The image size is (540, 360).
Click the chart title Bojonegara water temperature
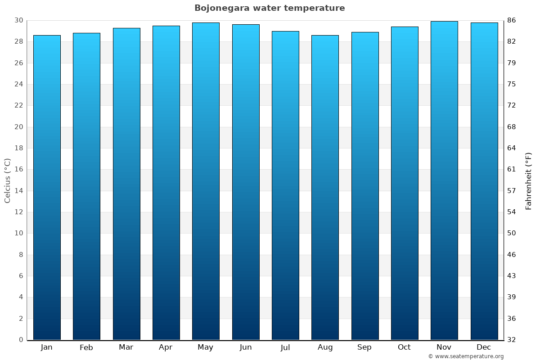tap(270, 8)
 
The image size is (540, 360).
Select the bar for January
tap(47, 187)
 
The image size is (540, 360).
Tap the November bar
tap(444, 180)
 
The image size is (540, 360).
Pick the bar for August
tap(325, 187)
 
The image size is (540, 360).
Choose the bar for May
tap(206, 181)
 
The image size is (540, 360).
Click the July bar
tap(285, 185)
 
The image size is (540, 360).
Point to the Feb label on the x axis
tap(86, 347)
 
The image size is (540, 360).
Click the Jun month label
tap(246, 347)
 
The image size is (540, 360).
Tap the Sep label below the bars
tap(364, 347)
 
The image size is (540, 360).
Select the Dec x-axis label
tap(484, 347)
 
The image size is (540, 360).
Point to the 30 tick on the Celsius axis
tap(18, 20)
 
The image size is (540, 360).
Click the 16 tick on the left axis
tap(18, 170)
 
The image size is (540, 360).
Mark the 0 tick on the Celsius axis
tap(21, 340)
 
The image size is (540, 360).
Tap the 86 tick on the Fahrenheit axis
tap(512, 20)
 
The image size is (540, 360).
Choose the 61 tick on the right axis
tap(512, 170)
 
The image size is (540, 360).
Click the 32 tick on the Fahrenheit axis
tap(512, 340)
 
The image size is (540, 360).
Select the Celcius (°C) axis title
tap(8, 180)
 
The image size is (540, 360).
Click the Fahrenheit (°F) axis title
tap(529, 180)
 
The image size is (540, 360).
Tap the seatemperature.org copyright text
tap(466, 356)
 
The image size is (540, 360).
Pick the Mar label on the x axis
tap(126, 347)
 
